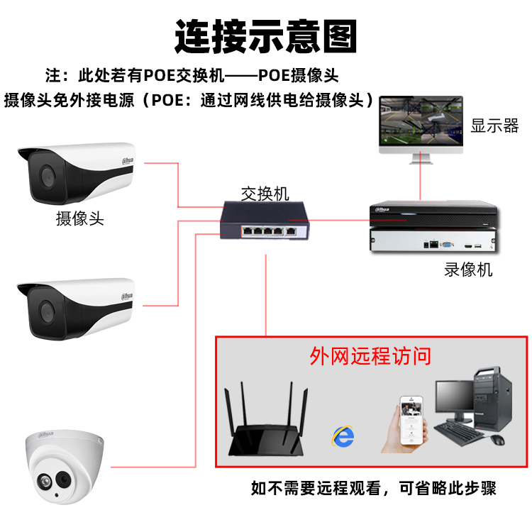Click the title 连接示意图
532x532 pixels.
click(x=266, y=35)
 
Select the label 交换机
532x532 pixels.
click(x=265, y=193)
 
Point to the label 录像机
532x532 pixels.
click(x=468, y=270)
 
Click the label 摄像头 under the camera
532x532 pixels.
click(x=80, y=218)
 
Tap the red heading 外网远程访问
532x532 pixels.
click(x=370, y=355)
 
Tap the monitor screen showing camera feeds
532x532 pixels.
click(x=421, y=122)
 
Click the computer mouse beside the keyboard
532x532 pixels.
click(x=498, y=440)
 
